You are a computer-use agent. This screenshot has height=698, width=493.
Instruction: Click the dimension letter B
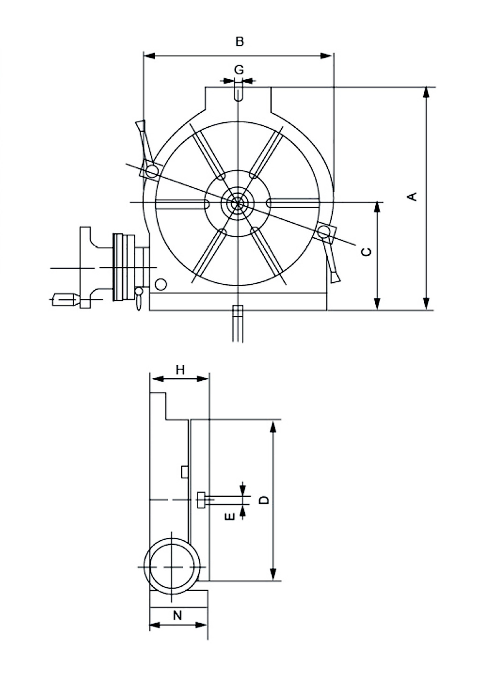240,42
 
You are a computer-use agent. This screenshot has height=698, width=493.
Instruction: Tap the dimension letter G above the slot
239,70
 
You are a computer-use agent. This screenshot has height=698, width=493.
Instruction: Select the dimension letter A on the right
412,196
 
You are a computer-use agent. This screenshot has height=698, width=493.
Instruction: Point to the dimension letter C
366,251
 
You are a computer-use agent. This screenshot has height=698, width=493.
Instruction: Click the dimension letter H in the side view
180,369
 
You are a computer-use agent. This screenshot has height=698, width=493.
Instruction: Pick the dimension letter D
264,500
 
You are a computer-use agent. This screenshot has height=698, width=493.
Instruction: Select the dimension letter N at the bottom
177,615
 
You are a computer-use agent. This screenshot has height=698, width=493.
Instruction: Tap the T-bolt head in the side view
201,499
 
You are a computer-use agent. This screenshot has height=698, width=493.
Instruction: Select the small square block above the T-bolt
184,472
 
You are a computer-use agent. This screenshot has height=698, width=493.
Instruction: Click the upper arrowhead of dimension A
426,93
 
